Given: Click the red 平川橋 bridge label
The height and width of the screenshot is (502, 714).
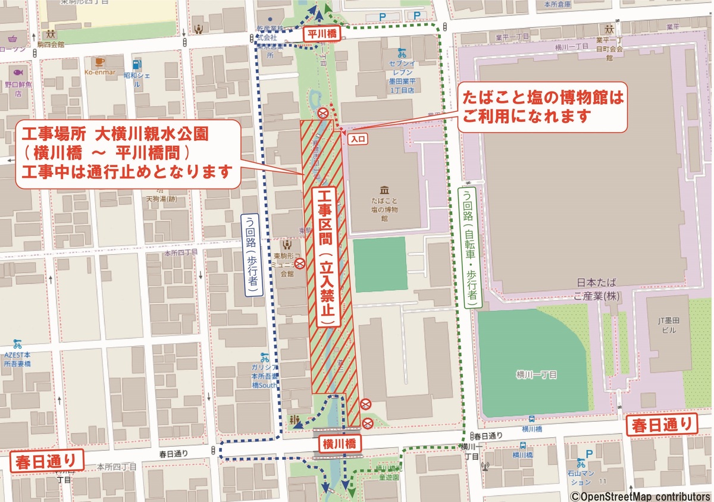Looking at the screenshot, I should point(322,34).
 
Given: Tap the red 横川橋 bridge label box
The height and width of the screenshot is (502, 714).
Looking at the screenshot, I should point(339,444).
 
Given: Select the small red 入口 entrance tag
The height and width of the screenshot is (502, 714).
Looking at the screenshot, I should point(359,139).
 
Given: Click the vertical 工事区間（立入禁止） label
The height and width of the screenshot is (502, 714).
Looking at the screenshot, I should point(325,256).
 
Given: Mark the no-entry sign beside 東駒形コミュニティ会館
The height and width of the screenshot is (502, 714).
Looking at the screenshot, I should point(301,262).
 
